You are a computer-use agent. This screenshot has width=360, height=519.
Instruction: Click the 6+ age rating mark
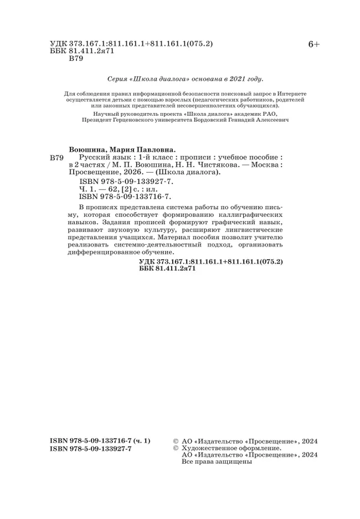pyautogui.click(x=313, y=45)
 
